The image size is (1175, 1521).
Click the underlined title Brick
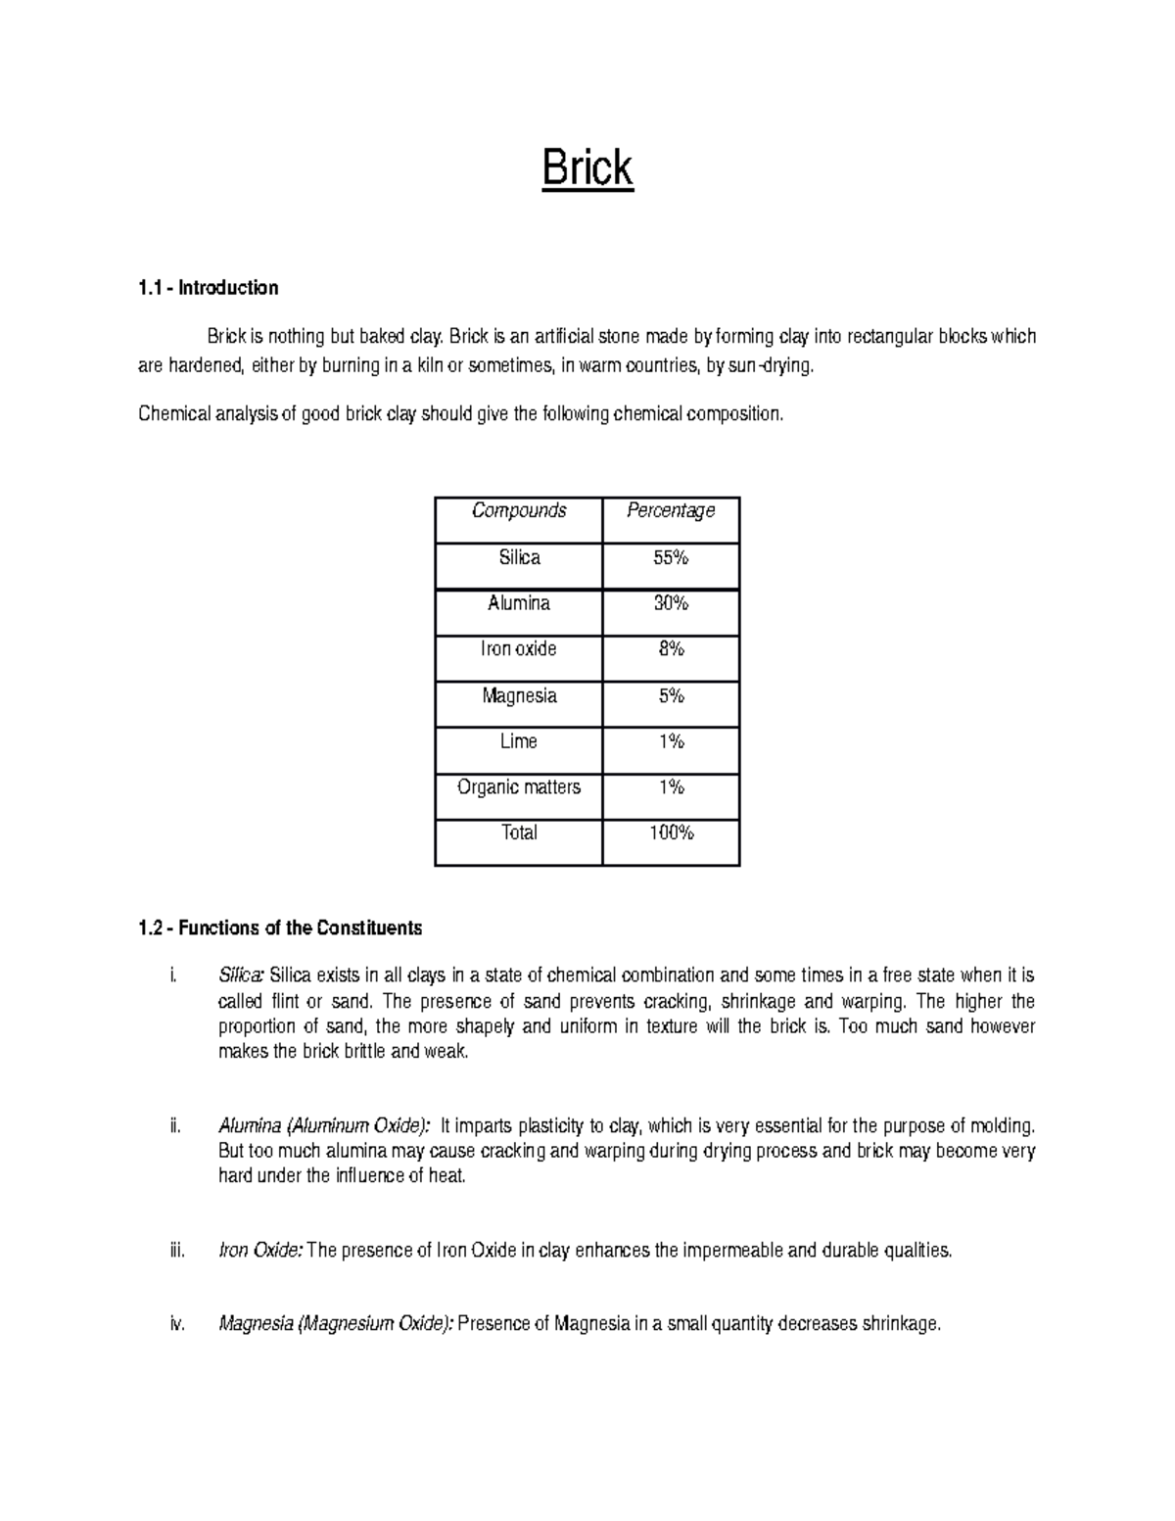click(x=587, y=168)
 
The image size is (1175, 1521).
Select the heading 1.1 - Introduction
click(x=208, y=288)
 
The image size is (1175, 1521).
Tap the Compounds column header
click(x=519, y=510)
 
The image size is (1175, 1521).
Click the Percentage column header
click(x=671, y=510)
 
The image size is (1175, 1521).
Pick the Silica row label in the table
click(x=519, y=557)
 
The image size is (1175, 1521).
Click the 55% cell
click(x=671, y=557)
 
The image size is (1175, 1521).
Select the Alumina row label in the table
click(x=519, y=603)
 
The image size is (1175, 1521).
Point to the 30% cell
click(x=671, y=603)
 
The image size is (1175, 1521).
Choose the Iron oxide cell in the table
click(x=519, y=648)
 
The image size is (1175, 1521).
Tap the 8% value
click(x=671, y=648)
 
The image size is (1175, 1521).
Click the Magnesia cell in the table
click(x=519, y=695)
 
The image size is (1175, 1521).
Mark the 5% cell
click(x=671, y=695)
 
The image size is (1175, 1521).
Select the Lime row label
click(x=519, y=741)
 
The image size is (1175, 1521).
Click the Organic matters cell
click(x=519, y=786)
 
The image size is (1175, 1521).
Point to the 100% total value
click(x=671, y=832)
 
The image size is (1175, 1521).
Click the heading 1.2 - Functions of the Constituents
click(x=280, y=927)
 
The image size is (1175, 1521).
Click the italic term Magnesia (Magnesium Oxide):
click(x=336, y=1325)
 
